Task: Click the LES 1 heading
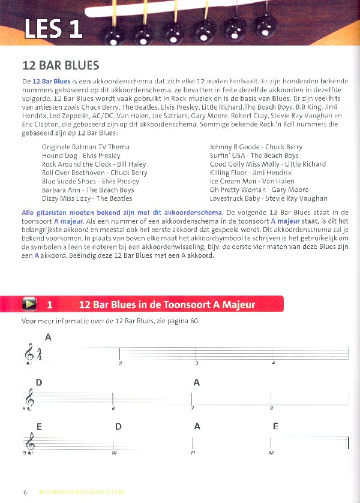(53, 30)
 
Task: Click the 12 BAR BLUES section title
(61, 65)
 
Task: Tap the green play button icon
(29, 304)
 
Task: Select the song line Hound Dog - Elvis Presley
(78, 155)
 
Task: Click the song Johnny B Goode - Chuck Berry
(256, 147)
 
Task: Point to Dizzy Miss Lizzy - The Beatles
(87, 198)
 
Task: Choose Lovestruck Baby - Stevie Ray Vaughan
(268, 198)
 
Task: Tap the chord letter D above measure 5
(38, 382)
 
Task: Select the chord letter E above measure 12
(275, 427)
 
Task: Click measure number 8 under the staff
(271, 408)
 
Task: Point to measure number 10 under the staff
(113, 453)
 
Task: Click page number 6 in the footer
(25, 492)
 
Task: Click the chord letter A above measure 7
(196, 382)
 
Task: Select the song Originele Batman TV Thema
(85, 147)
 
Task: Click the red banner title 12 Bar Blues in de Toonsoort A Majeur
(167, 305)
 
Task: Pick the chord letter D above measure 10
(118, 427)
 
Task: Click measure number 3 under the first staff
(196, 363)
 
